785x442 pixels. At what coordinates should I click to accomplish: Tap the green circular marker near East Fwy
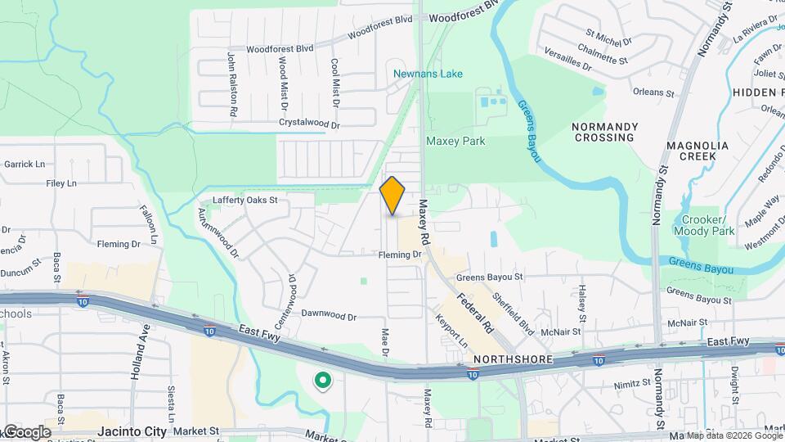pos(323,380)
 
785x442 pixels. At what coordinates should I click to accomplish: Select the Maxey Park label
pos(455,142)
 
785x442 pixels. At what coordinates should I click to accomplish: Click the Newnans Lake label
pos(428,74)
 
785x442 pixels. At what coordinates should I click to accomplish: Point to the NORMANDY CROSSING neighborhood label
pos(604,132)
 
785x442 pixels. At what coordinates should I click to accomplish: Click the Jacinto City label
pos(132,431)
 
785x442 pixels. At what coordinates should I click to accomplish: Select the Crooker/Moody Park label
pos(700,226)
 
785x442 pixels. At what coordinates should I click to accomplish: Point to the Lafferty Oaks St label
pos(245,200)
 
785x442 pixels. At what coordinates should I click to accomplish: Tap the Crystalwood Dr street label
pos(309,124)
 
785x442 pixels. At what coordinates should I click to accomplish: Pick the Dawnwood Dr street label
pos(329,315)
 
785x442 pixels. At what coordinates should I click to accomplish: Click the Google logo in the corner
pos(26,432)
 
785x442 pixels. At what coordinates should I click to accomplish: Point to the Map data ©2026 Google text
pos(733,435)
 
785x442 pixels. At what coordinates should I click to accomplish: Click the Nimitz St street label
pos(634,381)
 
